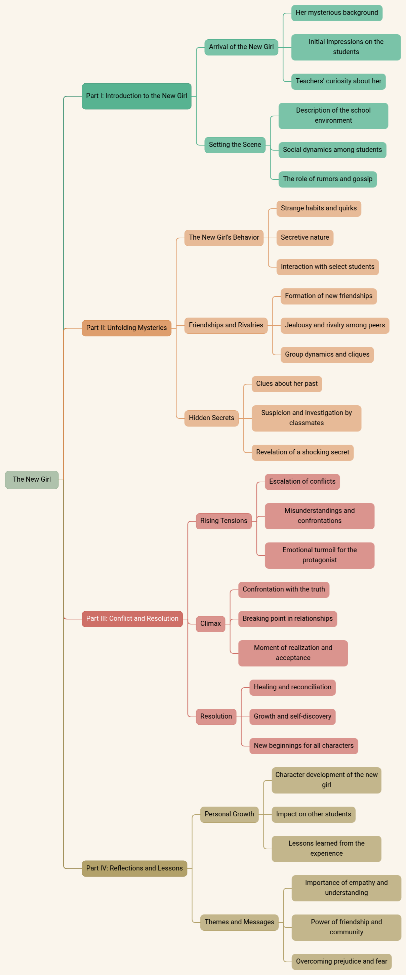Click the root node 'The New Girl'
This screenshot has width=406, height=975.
32,480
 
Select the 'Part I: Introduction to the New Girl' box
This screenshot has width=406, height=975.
136,96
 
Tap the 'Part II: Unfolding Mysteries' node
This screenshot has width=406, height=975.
126,328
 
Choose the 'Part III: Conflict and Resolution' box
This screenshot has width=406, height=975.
132,619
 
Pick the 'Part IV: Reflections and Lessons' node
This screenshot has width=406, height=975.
134,868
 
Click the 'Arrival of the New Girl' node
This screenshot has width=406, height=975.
241,47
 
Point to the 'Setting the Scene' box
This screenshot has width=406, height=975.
235,145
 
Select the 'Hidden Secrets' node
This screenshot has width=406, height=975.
211,418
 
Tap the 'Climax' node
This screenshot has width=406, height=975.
210,624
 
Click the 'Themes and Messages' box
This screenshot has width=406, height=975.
240,922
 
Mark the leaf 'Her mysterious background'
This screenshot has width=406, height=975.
337,13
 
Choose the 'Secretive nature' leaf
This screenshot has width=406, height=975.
305,238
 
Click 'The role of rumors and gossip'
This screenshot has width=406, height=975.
328,179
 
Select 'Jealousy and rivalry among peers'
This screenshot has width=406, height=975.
335,326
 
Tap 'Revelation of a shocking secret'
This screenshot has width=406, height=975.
303,453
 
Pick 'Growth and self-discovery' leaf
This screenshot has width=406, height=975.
292,717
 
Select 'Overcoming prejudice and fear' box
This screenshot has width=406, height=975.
342,961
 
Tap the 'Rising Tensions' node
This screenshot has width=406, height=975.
224,521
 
